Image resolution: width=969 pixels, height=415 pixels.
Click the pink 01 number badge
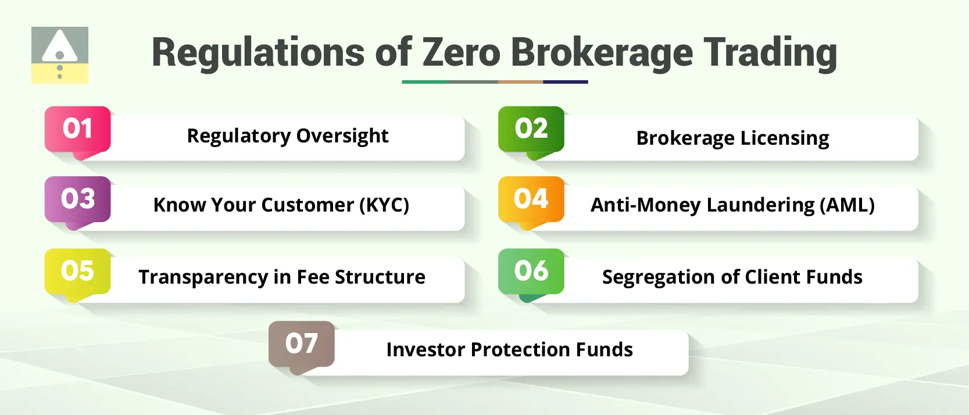point(77,129)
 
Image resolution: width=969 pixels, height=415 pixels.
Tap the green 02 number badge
point(531,129)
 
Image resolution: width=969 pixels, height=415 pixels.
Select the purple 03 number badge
point(77,199)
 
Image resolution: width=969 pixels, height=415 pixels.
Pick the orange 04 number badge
point(531,199)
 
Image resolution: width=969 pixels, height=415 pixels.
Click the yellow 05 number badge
point(77,271)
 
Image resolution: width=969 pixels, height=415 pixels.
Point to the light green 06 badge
point(531,271)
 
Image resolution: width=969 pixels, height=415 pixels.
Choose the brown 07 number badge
point(301,344)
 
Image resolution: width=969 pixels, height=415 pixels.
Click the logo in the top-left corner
point(60,55)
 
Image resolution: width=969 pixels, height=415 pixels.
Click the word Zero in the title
point(461,53)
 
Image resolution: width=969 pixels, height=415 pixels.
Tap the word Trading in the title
point(770,53)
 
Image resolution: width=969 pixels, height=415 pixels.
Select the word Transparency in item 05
point(203,277)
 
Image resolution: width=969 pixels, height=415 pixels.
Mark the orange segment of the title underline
point(520,82)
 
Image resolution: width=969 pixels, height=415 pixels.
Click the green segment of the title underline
point(424,82)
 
